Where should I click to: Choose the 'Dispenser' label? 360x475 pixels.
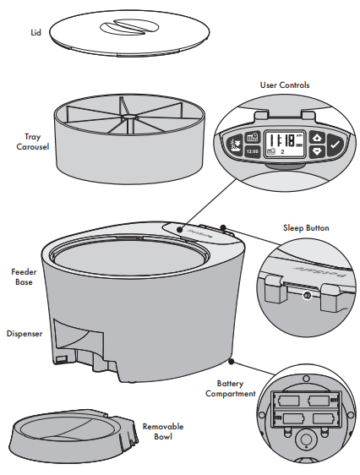25,334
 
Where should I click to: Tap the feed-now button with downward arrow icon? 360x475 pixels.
234,147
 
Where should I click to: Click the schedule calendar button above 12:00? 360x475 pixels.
251,138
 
